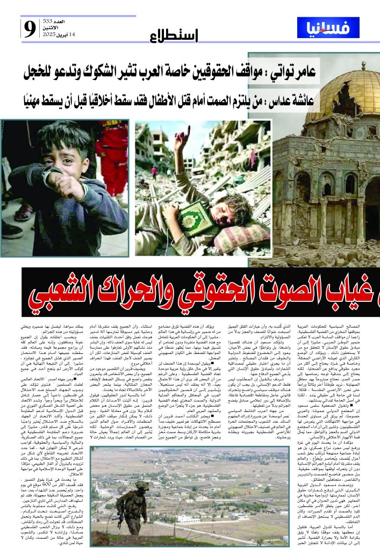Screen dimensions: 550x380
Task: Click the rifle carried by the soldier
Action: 132,505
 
